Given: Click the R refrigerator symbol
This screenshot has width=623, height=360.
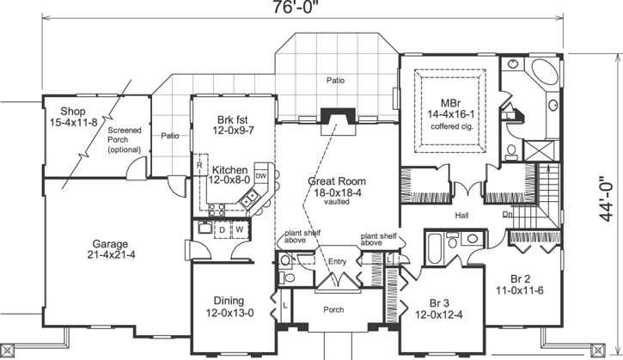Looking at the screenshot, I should pyautogui.click(x=199, y=163).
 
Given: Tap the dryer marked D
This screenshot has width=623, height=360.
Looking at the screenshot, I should pyautogui.click(x=222, y=230).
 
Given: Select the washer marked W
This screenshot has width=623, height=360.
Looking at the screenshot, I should pyautogui.click(x=240, y=230).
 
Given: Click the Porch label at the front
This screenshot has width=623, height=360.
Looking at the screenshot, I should pyautogui.click(x=333, y=310).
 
